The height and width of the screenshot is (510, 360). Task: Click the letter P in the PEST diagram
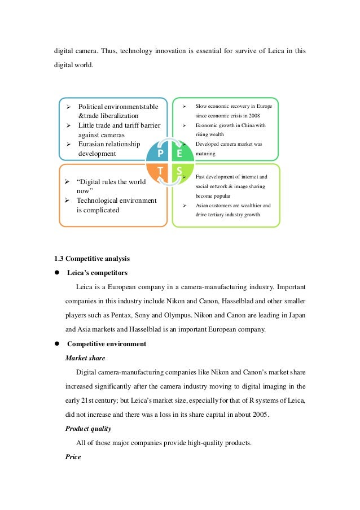coord(161,153)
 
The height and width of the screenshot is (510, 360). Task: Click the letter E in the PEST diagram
coord(179,153)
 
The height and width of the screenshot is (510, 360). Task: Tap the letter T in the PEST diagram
coord(161,171)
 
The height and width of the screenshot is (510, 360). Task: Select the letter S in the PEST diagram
coord(179,171)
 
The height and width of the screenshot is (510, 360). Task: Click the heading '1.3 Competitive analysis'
coord(92,259)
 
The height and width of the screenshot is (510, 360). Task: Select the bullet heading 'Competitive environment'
coord(107,344)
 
